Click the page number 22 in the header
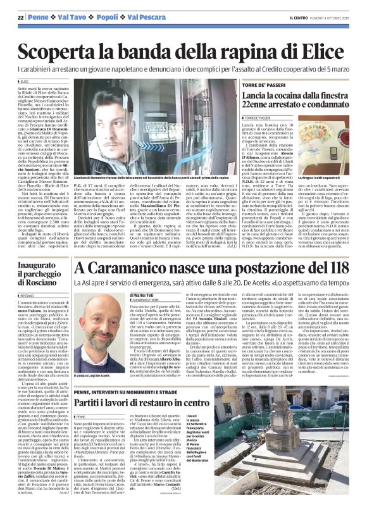coord(20,17)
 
